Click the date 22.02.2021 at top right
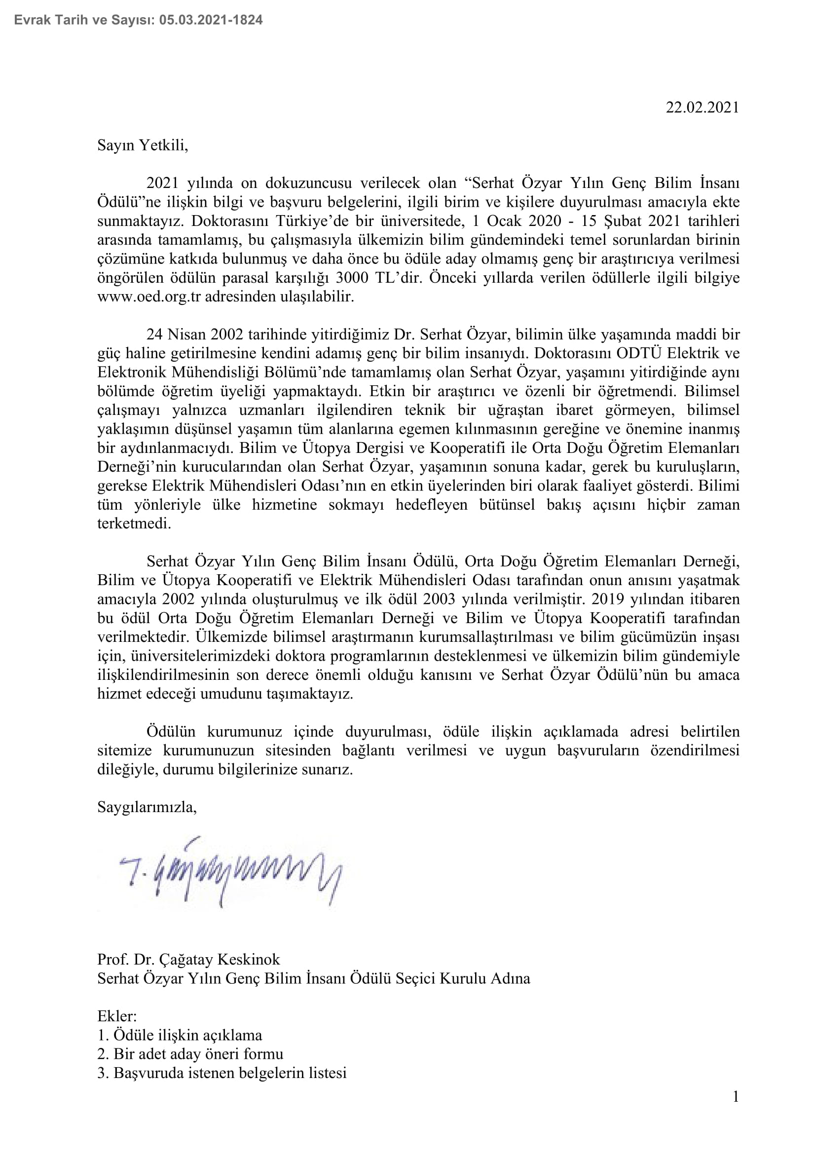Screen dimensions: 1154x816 click(702, 108)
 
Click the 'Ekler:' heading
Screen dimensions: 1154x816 click(116, 1016)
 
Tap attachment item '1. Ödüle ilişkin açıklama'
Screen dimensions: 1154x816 click(180, 1035)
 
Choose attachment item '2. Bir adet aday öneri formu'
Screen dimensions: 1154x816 click(190, 1054)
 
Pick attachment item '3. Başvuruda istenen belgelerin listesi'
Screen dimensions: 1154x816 click(222, 1073)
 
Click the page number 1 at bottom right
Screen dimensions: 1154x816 click(736, 1096)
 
